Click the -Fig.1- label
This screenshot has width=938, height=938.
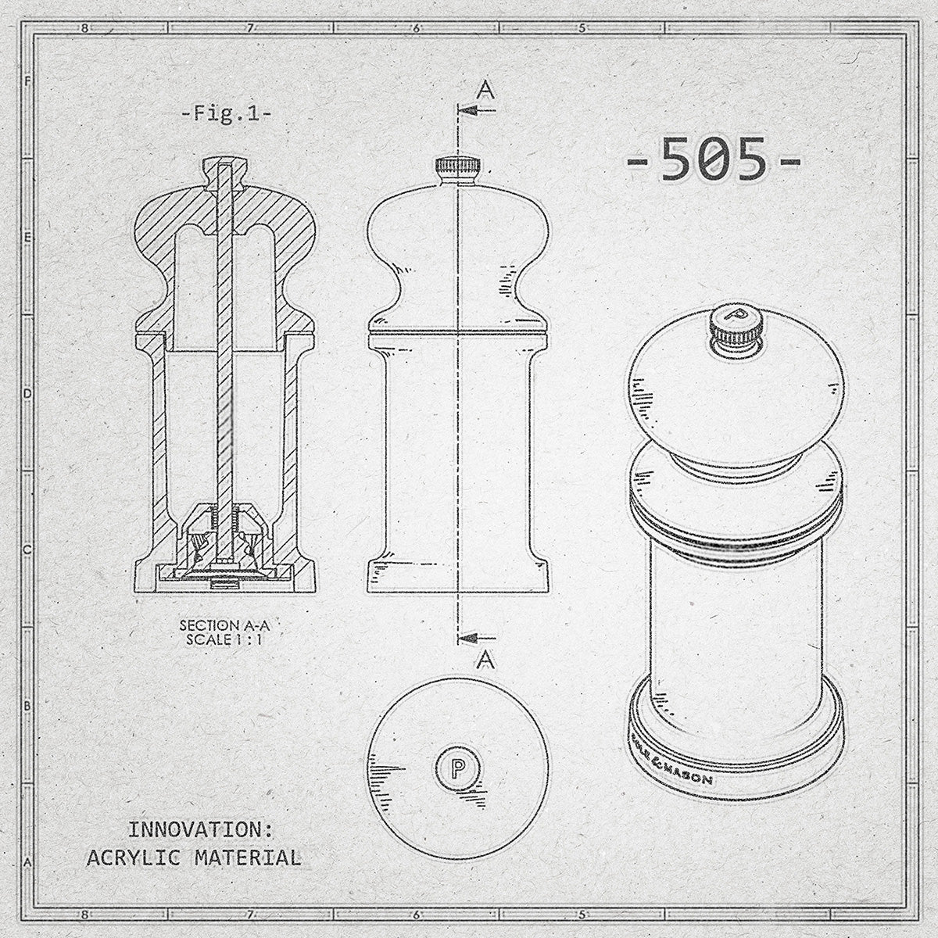225,113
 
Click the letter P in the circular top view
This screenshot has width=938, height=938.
457,766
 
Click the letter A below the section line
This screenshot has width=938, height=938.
485,661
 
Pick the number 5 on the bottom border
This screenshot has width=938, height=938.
582,911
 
